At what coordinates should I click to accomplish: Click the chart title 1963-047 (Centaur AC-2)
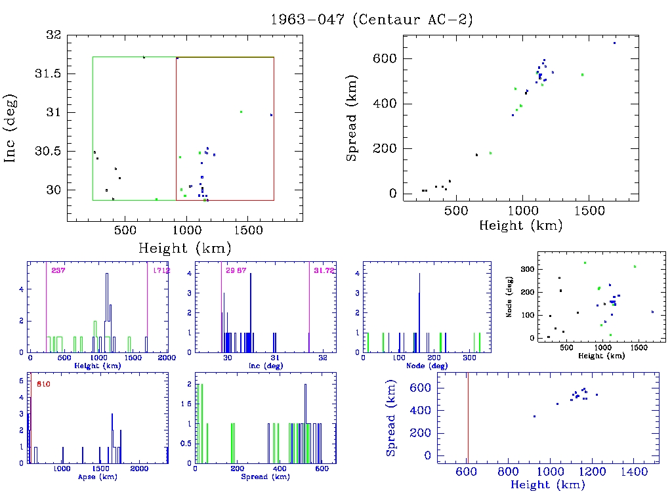tap(372, 20)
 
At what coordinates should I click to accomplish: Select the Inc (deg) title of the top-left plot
tap(11, 129)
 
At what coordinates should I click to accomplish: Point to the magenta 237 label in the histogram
tap(58, 270)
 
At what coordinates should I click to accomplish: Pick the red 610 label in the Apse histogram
tap(44, 383)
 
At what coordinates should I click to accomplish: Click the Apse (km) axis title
tap(97, 476)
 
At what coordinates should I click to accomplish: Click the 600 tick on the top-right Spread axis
tap(385, 59)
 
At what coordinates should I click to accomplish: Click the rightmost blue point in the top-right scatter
tap(614, 43)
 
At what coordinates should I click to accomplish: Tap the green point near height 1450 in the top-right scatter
tap(582, 75)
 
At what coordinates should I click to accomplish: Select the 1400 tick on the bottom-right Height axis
tap(633, 472)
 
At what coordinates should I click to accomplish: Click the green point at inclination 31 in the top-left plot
tap(241, 112)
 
